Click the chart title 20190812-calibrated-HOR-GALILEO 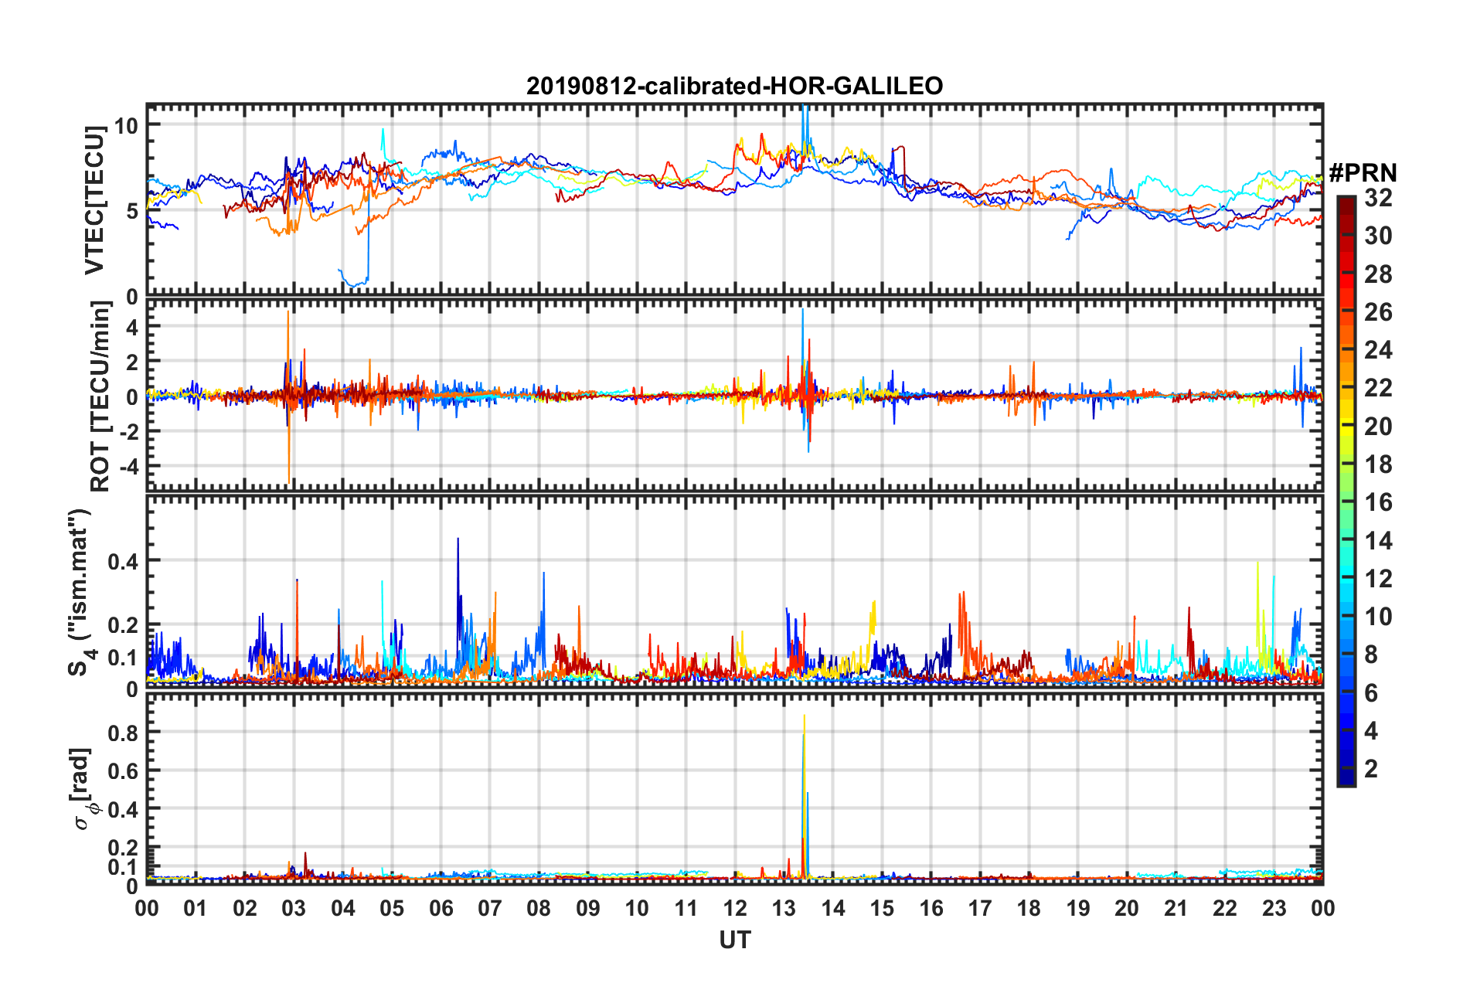point(734,86)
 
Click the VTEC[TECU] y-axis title point(94,200)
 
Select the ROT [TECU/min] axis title point(100,396)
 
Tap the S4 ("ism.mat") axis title point(80,593)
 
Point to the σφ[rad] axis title point(83,788)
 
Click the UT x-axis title point(734,940)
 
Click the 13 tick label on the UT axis point(784,908)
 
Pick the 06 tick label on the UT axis point(441,908)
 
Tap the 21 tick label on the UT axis point(1176,908)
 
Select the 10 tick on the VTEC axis point(126,125)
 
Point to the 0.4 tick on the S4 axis point(123,561)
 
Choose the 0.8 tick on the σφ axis point(123,733)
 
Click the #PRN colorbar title point(1363,173)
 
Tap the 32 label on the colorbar point(1378,198)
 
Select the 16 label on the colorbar point(1378,502)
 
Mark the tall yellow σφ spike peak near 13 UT point(804,716)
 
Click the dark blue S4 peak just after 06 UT point(458,539)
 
